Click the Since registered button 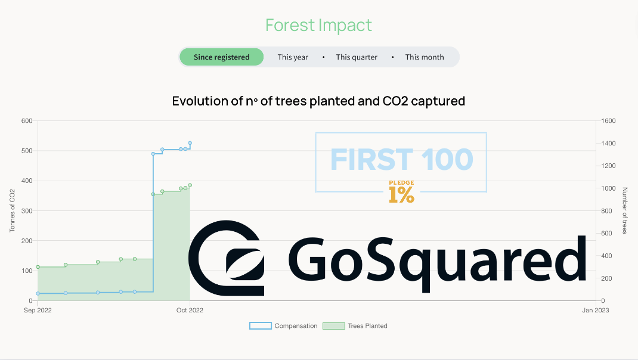(221, 57)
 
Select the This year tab (293, 57)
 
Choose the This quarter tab (357, 57)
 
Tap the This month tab (425, 57)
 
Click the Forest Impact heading (318, 25)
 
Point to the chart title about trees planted (318, 101)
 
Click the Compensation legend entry (283, 326)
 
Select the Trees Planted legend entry (355, 326)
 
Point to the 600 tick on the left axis (27, 121)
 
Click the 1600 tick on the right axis (608, 121)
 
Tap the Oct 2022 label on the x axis (190, 311)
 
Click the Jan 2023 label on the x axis (596, 311)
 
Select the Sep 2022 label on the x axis (38, 311)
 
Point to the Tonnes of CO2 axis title (12, 211)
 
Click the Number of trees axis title (624, 211)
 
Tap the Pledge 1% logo (402, 191)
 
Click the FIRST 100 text (402, 160)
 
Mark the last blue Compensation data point (190, 143)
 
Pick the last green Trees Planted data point (190, 185)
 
